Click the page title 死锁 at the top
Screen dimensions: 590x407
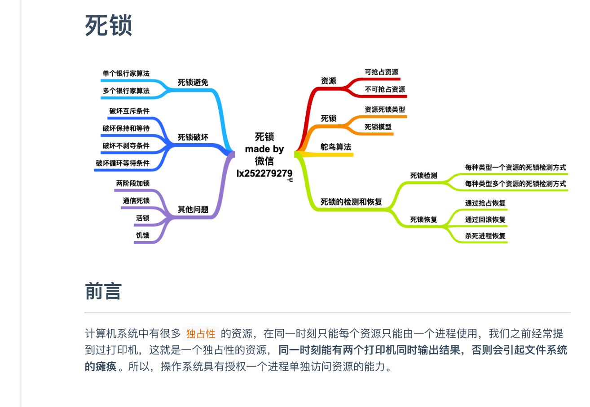(x=108, y=25)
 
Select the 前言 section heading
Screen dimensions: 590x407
(x=103, y=291)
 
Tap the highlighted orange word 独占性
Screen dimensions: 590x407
(x=201, y=334)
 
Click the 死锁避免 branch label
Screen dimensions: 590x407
(x=193, y=83)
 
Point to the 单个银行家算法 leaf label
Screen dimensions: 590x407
(x=126, y=73)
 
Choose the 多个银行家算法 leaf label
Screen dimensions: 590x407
(x=126, y=91)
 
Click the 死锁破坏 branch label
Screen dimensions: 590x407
(x=193, y=137)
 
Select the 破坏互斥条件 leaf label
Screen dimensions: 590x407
(x=129, y=111)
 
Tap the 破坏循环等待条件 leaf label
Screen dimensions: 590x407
(x=123, y=163)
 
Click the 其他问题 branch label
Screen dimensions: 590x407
(x=193, y=209)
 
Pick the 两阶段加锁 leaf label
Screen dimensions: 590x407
(x=133, y=183)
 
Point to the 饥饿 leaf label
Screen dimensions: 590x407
(x=142, y=235)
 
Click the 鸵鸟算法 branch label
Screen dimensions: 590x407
(x=336, y=147)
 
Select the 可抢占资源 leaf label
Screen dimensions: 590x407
(x=381, y=72)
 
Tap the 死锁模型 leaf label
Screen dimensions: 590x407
(x=378, y=127)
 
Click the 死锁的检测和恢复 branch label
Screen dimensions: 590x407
(x=351, y=202)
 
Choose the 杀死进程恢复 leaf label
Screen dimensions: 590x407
(x=485, y=236)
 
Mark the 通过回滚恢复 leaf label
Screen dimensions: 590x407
(x=485, y=219)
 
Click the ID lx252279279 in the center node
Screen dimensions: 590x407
(x=264, y=173)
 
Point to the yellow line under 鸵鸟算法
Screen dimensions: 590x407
(x=325, y=154)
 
